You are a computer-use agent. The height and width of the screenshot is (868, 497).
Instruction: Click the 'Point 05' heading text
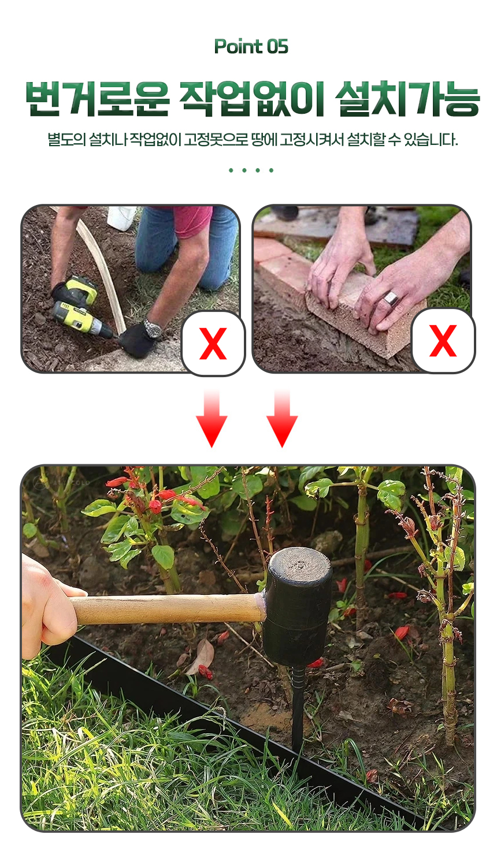[251, 47]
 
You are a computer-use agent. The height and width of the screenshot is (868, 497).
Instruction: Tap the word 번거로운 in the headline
[98, 99]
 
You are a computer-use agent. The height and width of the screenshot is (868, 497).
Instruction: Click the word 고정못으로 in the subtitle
[216, 140]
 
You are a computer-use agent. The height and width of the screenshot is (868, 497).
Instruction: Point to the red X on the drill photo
[213, 343]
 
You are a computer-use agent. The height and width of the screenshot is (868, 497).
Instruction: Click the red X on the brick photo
[443, 341]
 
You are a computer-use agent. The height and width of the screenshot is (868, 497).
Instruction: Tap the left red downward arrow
[212, 419]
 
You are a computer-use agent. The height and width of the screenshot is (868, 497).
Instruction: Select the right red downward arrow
[282, 419]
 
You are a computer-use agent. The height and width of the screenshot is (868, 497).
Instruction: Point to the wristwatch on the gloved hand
[153, 329]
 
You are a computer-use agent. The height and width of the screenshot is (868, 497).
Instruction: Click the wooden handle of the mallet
[166, 609]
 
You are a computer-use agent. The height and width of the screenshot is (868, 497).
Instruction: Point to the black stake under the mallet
[298, 709]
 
